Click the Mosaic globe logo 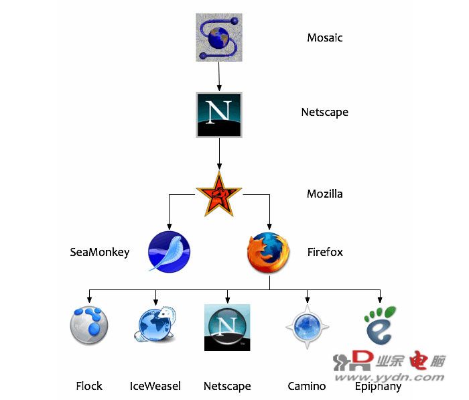(219, 38)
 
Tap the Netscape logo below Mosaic (219, 115)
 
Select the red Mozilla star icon (219, 194)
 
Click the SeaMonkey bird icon (170, 252)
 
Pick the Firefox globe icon (269, 252)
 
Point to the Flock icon (89, 325)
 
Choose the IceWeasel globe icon (155, 324)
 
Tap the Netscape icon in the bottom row (227, 328)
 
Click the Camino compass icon (307, 327)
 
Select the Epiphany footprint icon (380, 325)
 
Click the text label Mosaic (325, 38)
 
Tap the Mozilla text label (325, 194)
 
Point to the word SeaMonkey (100, 252)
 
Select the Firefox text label (325, 252)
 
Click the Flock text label (89, 386)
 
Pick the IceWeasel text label (155, 386)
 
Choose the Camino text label (307, 386)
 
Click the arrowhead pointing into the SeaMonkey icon (170, 226)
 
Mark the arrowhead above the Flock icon (89, 299)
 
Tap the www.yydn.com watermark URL (389, 377)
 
